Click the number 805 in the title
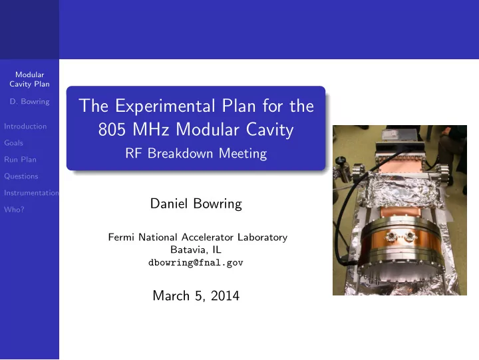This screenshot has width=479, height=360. click(112, 130)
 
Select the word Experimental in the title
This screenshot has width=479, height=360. click(165, 106)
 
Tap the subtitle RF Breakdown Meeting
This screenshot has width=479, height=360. click(196, 154)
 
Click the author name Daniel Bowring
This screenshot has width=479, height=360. click(196, 204)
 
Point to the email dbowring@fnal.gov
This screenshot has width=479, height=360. click(196, 262)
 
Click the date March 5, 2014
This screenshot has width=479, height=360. click(196, 296)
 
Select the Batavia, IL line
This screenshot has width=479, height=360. click(196, 250)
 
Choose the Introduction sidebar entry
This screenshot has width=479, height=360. click(25, 126)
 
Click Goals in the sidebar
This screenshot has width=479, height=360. click(13, 143)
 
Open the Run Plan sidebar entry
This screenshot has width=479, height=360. click(20, 160)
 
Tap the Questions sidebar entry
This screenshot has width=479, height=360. click(21, 176)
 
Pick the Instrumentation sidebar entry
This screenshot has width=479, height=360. click(31, 193)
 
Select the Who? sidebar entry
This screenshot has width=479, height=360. click(14, 210)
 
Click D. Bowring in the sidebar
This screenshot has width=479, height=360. click(30, 101)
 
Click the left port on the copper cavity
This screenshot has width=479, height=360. click(390, 236)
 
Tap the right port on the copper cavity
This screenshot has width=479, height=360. click(409, 236)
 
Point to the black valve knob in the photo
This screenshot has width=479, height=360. click(341, 160)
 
